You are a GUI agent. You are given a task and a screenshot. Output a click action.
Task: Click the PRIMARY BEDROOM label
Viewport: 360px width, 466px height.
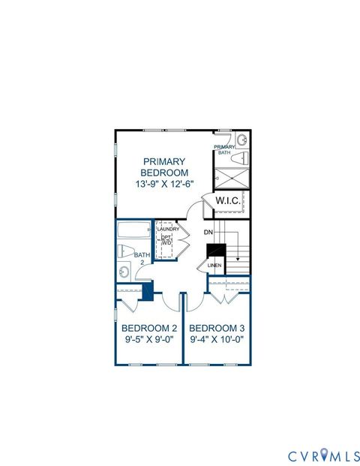click(164, 166)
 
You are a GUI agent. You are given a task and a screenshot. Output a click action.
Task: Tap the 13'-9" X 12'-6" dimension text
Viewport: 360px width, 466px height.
click(164, 183)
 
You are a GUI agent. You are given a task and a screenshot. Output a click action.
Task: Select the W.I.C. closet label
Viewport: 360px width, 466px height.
click(227, 201)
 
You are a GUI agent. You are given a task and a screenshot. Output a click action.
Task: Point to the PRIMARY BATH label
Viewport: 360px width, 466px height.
click(224, 150)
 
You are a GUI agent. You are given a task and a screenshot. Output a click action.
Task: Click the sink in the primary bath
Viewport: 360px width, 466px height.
click(242, 140)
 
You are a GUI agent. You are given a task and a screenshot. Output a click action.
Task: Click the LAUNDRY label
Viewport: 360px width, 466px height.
click(168, 230)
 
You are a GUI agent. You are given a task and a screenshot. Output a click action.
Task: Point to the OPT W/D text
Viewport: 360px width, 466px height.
click(167, 240)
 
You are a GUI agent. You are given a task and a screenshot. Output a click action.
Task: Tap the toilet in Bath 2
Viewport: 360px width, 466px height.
click(126, 251)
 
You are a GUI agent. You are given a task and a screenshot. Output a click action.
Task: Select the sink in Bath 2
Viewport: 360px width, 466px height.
click(123, 272)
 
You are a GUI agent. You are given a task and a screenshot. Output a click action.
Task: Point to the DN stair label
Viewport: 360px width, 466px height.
click(208, 233)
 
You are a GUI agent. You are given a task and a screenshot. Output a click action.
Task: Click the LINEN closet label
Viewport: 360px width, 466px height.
click(214, 265)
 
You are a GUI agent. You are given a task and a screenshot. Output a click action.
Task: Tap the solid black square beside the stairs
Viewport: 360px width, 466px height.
click(216, 251)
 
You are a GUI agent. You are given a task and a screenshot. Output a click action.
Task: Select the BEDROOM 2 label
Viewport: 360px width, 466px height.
click(149, 329)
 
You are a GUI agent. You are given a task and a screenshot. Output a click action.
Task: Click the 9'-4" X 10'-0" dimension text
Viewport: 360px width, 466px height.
click(217, 340)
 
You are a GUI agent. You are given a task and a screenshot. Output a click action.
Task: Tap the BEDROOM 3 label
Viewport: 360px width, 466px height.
click(217, 329)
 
